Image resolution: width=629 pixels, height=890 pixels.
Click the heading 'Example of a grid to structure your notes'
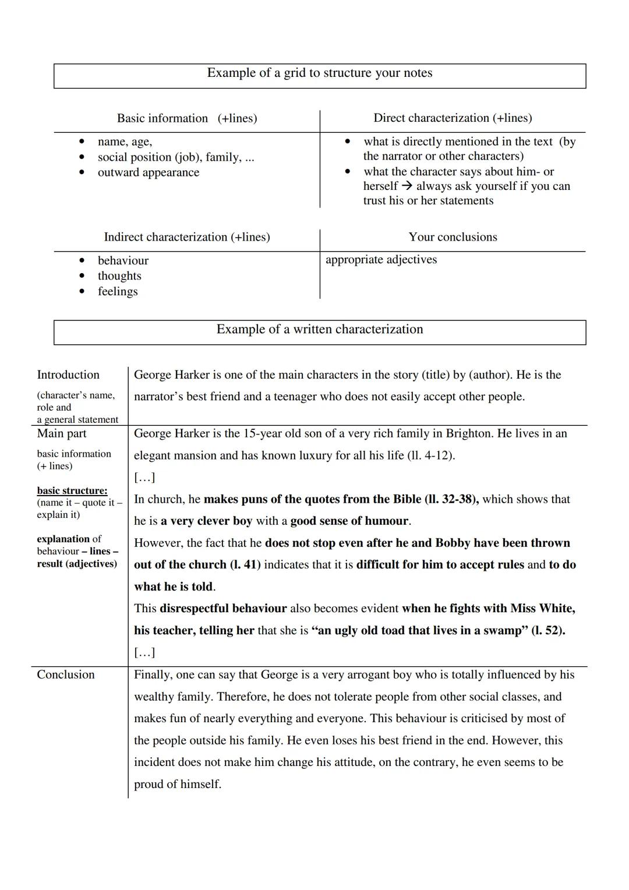click(320, 73)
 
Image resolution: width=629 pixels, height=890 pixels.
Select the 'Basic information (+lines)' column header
click(186, 118)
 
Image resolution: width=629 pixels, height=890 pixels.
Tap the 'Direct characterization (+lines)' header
click(453, 118)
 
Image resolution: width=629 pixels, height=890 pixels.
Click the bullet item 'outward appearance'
click(148, 172)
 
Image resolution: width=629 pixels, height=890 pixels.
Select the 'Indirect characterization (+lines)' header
click(186, 237)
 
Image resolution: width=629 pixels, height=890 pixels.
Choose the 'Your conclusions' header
click(453, 237)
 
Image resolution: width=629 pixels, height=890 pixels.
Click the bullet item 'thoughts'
click(119, 276)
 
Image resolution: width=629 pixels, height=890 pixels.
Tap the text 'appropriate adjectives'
click(381, 260)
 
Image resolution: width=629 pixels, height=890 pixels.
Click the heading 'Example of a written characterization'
click(320, 330)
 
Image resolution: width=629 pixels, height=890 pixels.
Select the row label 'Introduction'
click(68, 375)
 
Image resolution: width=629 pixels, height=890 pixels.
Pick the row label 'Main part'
click(62, 433)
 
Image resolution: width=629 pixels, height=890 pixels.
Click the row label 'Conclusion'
click(66, 674)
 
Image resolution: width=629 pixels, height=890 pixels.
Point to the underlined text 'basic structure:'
click(72, 490)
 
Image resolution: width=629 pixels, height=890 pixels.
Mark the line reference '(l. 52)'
click(547, 630)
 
